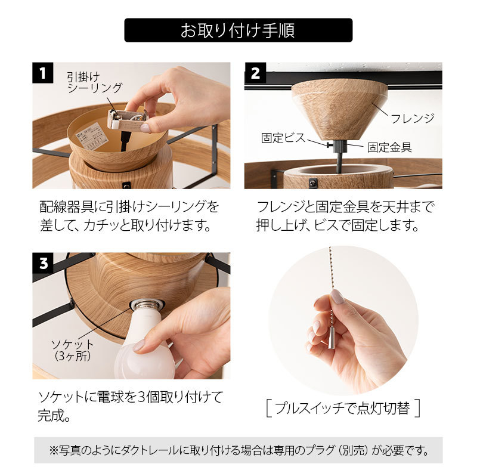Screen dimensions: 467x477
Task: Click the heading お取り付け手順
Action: pos(238,30)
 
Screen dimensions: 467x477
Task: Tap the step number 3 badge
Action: pos(42,262)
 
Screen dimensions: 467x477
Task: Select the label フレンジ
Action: pos(413,118)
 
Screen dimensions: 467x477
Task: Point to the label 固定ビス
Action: pos(283,138)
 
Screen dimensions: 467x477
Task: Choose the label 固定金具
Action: pos(389,147)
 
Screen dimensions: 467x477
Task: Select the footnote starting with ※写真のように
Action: pos(238,449)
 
